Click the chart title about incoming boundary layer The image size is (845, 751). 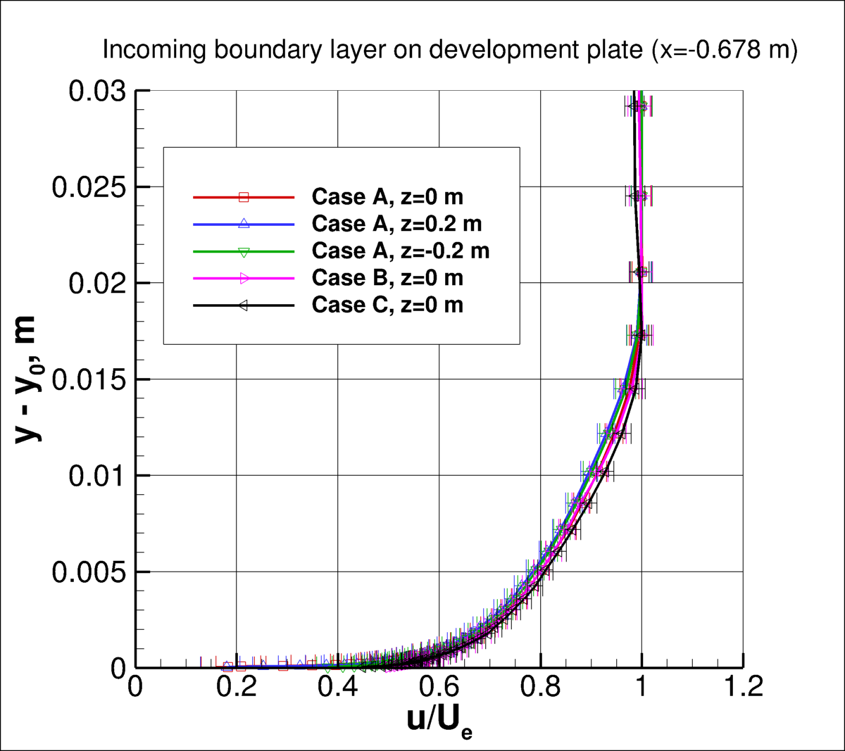click(x=450, y=51)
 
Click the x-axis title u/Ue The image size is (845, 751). click(x=439, y=720)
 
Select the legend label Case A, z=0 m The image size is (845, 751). click(x=387, y=197)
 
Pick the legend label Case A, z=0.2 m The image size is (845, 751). click(x=396, y=224)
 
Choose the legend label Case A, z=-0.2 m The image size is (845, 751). click(x=400, y=251)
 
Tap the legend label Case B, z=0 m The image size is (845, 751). click(x=387, y=278)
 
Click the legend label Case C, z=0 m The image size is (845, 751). click(x=387, y=305)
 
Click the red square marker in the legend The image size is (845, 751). click(x=244, y=197)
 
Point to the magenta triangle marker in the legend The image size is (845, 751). click(x=244, y=278)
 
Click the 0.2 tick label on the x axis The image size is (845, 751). click(x=236, y=686)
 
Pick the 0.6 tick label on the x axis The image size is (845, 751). click(x=439, y=686)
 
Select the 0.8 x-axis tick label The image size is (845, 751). click(x=540, y=686)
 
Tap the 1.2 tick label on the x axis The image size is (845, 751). click(x=742, y=686)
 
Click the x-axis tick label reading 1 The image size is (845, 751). click(x=641, y=686)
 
